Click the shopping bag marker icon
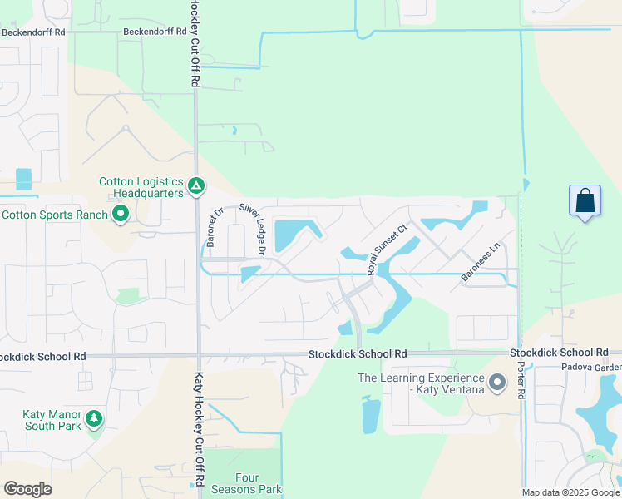[x=585, y=200]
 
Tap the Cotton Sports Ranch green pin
[x=121, y=215]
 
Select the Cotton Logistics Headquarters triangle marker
[x=196, y=185]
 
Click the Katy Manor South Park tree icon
[x=94, y=417]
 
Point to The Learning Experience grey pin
[x=497, y=383]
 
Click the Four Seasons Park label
[x=259, y=483]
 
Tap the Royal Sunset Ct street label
[x=387, y=249]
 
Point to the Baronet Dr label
[x=210, y=226]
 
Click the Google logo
[x=28, y=489]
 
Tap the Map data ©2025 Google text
[x=570, y=492]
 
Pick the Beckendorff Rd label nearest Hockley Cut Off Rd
[x=153, y=32]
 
